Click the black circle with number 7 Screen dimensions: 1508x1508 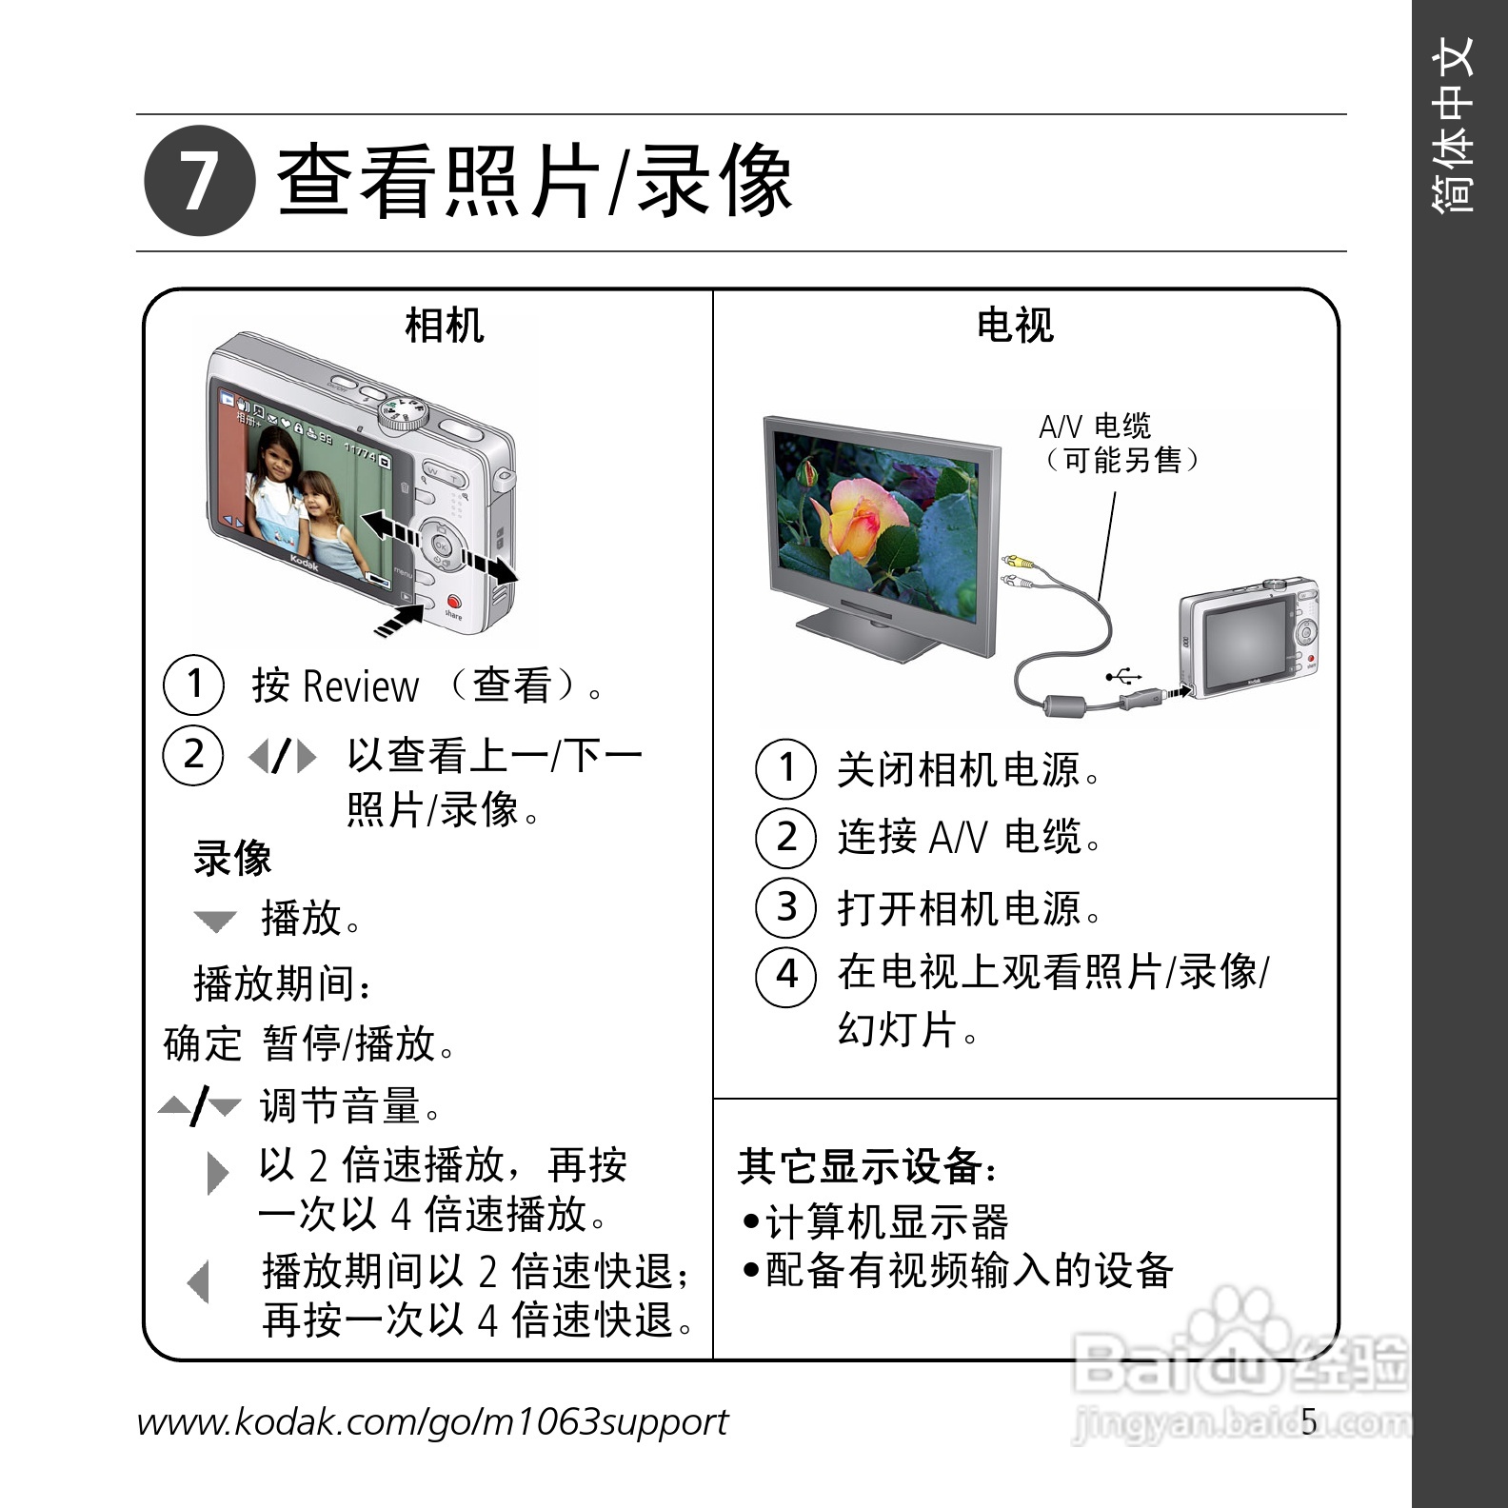(x=200, y=181)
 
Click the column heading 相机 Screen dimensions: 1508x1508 (x=445, y=325)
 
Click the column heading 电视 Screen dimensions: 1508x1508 (x=1015, y=325)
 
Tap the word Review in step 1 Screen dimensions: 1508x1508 (x=361, y=685)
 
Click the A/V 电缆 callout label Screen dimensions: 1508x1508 (x=1095, y=426)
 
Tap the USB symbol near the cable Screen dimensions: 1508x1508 (x=1123, y=677)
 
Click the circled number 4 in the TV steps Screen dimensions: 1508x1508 (x=786, y=975)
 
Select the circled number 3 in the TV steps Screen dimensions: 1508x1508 (x=786, y=906)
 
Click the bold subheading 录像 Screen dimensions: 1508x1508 (x=232, y=858)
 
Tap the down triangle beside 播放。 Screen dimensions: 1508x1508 (x=215, y=921)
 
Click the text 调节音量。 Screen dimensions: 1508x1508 (x=350, y=1106)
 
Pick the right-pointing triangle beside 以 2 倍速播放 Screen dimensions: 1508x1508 (x=218, y=1173)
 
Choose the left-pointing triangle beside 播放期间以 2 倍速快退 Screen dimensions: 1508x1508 (x=199, y=1281)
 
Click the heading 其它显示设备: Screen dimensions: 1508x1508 (x=867, y=1166)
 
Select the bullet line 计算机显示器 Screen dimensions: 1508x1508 (x=876, y=1221)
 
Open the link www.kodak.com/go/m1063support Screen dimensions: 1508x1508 (x=432, y=1422)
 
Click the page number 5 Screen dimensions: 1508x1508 (x=1309, y=1421)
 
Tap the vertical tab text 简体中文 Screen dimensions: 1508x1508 (x=1452, y=125)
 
